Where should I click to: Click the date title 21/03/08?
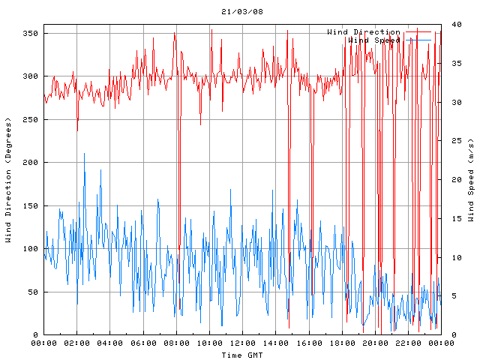pyautogui.click(x=242, y=12)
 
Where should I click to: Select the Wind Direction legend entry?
pyautogui.click(x=364, y=32)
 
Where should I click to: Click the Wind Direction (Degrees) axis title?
pyautogui.click(x=8, y=180)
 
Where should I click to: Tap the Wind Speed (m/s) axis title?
pyautogui.click(x=470, y=180)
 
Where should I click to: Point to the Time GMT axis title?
pyautogui.click(x=241, y=354)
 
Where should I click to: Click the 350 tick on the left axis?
pyautogui.click(x=31, y=33)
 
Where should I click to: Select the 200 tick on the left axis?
pyautogui.click(x=31, y=162)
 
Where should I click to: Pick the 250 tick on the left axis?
pyautogui.click(x=31, y=119)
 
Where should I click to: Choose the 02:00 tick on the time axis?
pyautogui.click(x=76, y=343)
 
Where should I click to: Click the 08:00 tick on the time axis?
pyautogui.click(x=176, y=343)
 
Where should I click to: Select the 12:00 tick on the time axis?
pyautogui.click(x=242, y=343)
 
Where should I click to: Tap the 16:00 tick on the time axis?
pyautogui.click(x=308, y=343)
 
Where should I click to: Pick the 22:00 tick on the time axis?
pyautogui.click(x=407, y=343)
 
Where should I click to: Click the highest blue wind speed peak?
pyautogui.click(x=84, y=154)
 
